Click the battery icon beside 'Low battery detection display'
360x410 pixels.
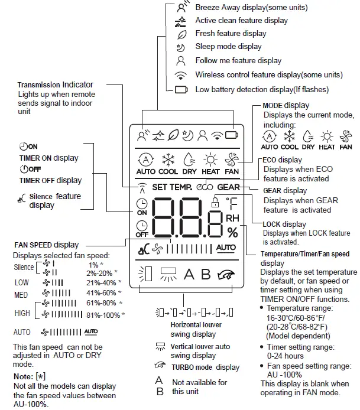[x=180, y=89]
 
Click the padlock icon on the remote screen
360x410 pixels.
[x=215, y=203]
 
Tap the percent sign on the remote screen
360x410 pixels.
[x=232, y=232]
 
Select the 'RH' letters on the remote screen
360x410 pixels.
[x=232, y=219]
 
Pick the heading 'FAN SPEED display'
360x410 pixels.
[x=47, y=245]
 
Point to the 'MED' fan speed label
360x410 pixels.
[x=21, y=293]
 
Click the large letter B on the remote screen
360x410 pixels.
[x=206, y=274]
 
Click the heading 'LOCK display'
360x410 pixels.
[x=285, y=224]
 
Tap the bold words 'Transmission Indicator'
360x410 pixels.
[x=55, y=85]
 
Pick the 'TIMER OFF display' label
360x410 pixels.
[x=50, y=180]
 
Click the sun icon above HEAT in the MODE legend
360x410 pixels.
[x=326, y=135]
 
